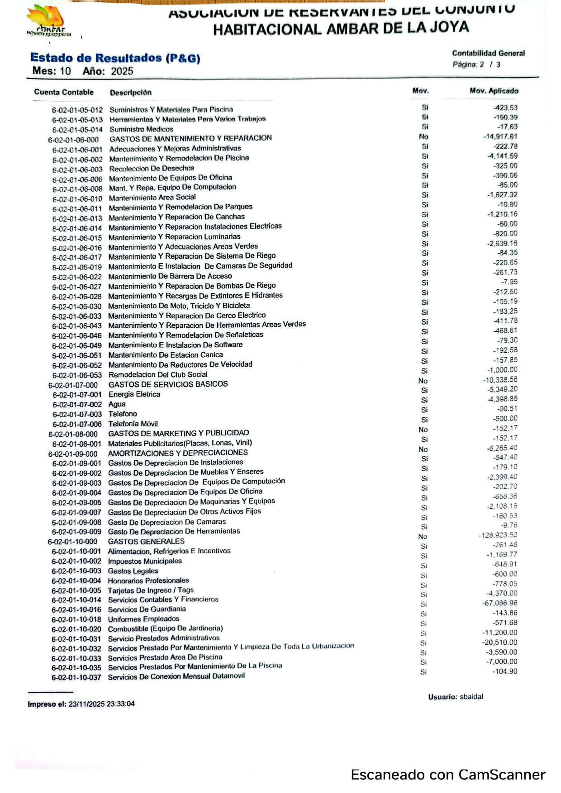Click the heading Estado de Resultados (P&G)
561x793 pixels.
tap(115, 58)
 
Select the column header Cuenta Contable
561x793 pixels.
tap(64, 92)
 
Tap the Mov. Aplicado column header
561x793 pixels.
tap(494, 91)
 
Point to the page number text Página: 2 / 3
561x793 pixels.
tap(476, 65)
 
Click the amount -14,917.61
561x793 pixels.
tap(500, 137)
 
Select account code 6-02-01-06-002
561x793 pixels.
tap(77, 160)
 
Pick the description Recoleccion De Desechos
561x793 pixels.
tap(152, 168)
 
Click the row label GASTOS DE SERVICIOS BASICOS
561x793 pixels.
tap(168, 384)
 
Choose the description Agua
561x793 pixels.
tap(117, 404)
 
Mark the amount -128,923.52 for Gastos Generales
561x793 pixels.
tap(498, 535)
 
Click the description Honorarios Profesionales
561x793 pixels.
tap(148, 581)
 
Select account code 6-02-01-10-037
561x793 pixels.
tap(76, 677)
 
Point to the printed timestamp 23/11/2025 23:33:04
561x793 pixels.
tap(101, 704)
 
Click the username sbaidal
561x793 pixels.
tap(471, 697)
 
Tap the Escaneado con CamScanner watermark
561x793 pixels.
tap(448, 775)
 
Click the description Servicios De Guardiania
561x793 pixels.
tap(147, 609)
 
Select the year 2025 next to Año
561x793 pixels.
tap(122, 71)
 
